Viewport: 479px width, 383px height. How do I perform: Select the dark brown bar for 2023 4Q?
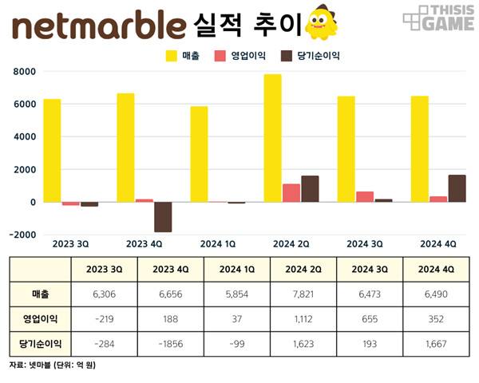(163, 217)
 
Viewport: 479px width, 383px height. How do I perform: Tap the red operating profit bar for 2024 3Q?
(365, 196)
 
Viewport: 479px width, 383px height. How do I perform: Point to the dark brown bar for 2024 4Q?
(457, 188)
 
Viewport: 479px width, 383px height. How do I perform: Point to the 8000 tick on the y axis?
(24, 72)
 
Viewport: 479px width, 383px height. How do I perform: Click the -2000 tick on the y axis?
(22, 235)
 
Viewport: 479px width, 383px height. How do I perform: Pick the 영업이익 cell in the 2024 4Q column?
(436, 318)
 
